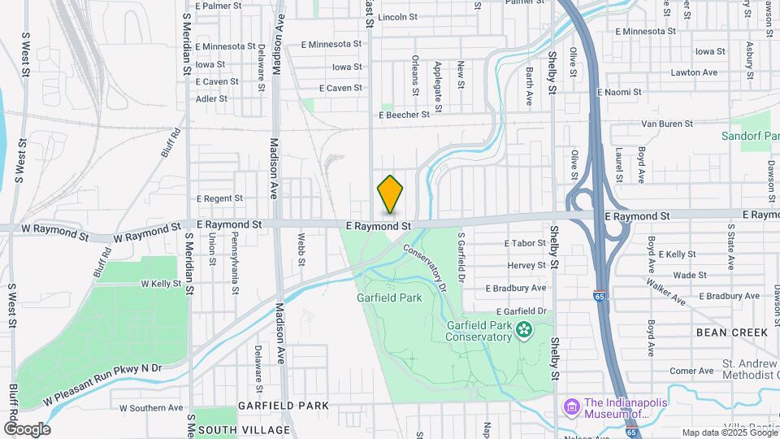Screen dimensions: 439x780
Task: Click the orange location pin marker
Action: [391, 195]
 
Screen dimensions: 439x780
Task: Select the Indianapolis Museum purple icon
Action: [570, 405]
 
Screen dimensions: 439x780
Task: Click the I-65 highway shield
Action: [599, 298]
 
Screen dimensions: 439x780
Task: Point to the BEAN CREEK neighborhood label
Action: [731, 333]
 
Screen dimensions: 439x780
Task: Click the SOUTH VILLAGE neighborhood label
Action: [244, 429]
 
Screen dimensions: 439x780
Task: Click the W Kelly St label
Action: [160, 284]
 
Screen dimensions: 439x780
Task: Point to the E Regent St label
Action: [219, 198]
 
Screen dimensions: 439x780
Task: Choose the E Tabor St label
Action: [525, 243]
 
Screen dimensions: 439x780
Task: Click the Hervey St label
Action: [526, 266]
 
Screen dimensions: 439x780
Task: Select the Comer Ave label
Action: [691, 371]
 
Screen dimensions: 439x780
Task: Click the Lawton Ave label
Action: [694, 72]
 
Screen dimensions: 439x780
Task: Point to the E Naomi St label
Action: [619, 93]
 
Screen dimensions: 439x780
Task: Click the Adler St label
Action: [211, 99]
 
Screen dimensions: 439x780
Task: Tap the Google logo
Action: [26, 428]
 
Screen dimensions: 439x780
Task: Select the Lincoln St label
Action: [397, 16]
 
